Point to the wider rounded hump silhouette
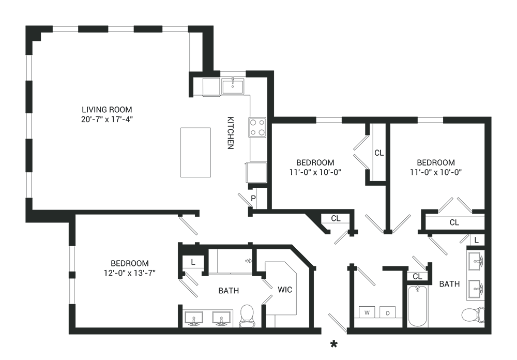pos(310,160)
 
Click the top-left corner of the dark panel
pos(26,25)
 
